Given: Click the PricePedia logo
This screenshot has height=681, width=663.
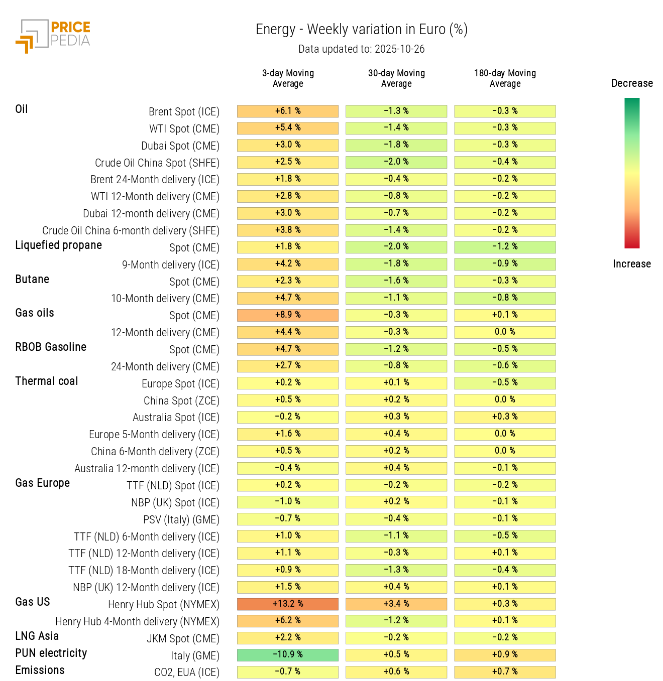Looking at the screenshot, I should (x=53, y=36).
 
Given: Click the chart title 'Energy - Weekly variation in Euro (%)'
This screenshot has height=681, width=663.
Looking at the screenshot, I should (x=362, y=30).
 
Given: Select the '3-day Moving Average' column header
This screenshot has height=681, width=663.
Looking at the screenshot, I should (x=288, y=78).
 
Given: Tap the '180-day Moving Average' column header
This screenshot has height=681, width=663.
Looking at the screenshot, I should (x=505, y=78).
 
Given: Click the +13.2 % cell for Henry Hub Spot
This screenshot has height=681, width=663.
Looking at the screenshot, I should (x=288, y=604).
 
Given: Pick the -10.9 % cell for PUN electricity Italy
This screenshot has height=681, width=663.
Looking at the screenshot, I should (x=288, y=655).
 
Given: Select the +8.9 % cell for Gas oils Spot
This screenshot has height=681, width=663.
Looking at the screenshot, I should (x=288, y=315).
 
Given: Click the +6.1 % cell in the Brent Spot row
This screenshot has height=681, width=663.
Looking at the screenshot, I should (x=288, y=111).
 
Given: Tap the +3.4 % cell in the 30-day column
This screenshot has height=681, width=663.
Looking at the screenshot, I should (x=396, y=604).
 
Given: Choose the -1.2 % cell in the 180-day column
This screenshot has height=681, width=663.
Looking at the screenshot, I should (x=505, y=247).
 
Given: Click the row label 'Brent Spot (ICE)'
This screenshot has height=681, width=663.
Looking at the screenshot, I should (x=184, y=111).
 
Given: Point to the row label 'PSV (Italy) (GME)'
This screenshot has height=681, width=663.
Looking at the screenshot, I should (x=181, y=519).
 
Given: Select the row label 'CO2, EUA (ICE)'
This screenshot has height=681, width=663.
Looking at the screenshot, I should (x=186, y=672).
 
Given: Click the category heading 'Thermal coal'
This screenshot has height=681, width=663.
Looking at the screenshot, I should (x=47, y=381).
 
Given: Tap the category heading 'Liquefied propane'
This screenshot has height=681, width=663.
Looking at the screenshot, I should (x=58, y=245).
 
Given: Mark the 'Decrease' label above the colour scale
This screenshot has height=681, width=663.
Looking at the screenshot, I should (x=632, y=83).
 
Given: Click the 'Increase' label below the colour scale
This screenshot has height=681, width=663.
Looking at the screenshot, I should (x=631, y=264).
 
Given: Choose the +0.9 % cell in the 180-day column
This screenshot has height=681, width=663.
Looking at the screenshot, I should (x=505, y=655).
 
